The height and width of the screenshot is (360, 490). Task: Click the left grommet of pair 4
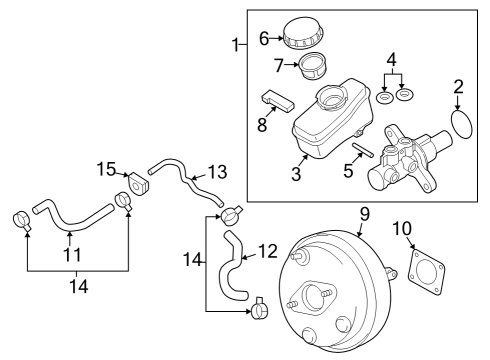click(x=385, y=99)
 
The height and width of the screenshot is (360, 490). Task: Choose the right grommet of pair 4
click(x=405, y=95)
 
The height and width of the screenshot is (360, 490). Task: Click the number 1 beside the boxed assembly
click(x=235, y=46)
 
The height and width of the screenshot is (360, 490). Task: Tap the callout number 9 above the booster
click(x=364, y=213)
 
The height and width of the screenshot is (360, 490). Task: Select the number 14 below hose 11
click(x=77, y=286)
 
